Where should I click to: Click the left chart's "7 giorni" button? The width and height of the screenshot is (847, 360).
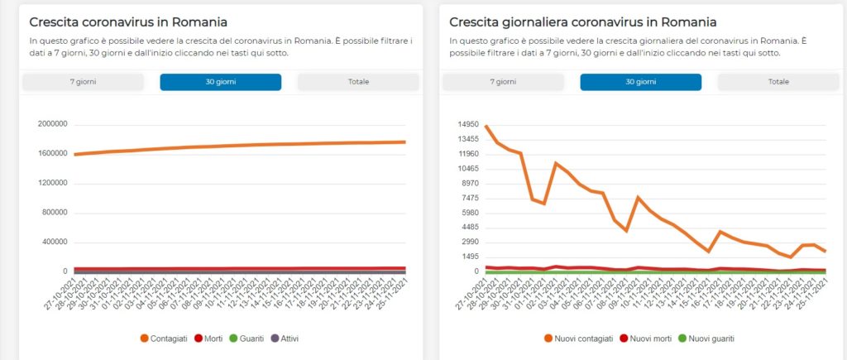[x=83, y=82]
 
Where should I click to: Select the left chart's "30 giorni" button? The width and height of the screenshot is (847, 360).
[x=220, y=82]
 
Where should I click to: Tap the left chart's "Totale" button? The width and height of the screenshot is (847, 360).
[x=358, y=82]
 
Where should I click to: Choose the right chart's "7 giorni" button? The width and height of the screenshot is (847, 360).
[x=503, y=82]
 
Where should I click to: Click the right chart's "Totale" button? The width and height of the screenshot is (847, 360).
[x=778, y=82]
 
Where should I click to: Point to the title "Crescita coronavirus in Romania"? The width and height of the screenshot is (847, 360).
[x=128, y=22]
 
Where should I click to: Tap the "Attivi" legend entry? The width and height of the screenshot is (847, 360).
[x=288, y=338]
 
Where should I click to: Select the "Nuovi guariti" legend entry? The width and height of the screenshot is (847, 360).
[x=711, y=338]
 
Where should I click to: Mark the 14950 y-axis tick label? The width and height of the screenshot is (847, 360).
[x=469, y=124]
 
